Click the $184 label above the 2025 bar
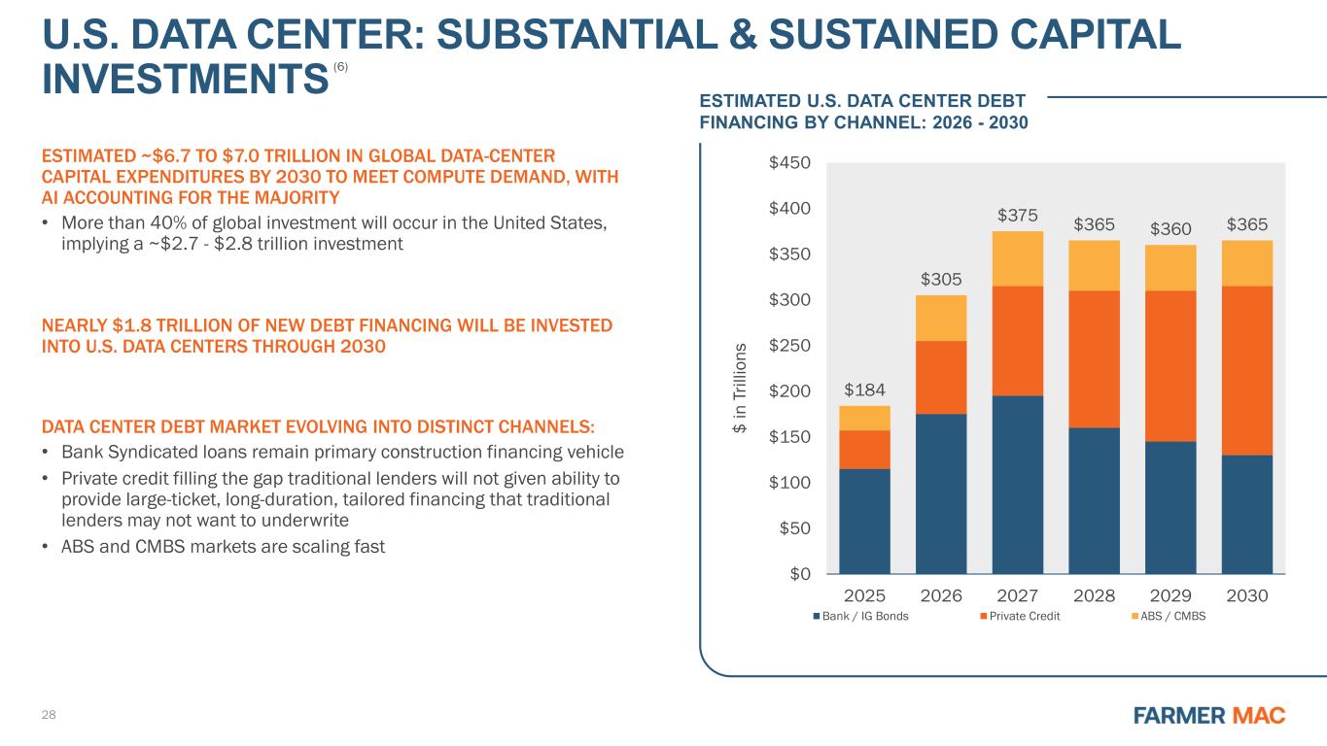tap(864, 390)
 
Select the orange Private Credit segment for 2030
tap(1246, 370)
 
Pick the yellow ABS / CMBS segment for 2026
tap(941, 318)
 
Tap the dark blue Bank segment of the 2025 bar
tap(864, 521)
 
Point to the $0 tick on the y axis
tap(798, 574)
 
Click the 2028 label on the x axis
tap(1094, 594)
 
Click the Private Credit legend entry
tap(1020, 616)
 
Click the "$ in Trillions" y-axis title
tap(741, 387)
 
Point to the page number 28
tap(49, 715)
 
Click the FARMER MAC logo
tap(1209, 716)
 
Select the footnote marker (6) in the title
tap(339, 66)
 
